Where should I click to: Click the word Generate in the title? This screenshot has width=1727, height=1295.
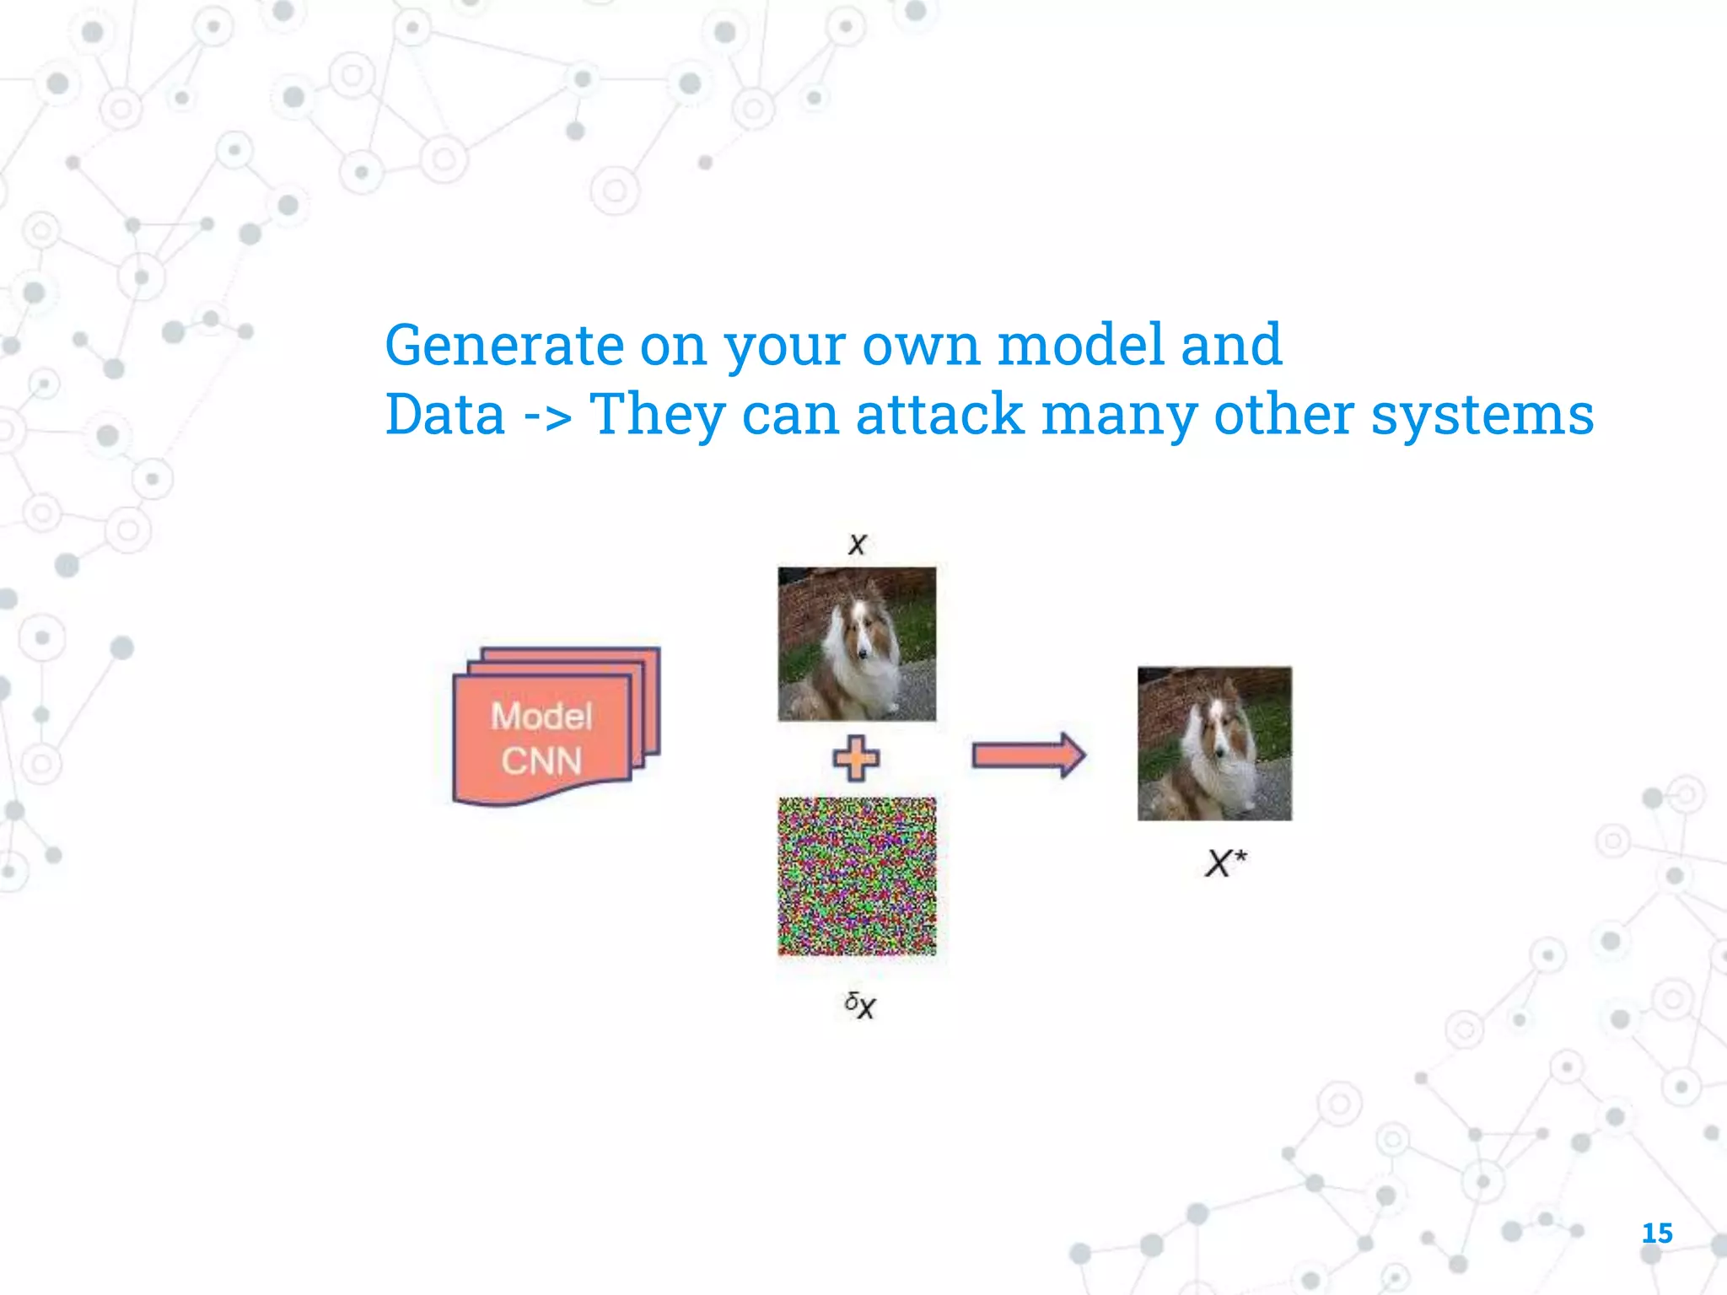pos(503,346)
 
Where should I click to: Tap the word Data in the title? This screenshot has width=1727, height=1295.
pos(444,415)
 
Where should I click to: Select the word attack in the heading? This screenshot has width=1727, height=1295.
pos(939,415)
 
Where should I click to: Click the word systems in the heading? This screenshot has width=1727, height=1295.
pos(1482,415)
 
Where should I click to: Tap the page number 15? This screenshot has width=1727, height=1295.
pos(1656,1233)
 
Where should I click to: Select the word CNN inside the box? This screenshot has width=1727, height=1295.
pos(541,761)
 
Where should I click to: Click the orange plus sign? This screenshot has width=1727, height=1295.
pos(856,758)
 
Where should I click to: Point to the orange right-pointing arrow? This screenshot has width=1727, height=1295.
pos(1028,755)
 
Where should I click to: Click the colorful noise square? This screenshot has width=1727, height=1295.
pos(857,876)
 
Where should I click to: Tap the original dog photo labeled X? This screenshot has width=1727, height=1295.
pos(857,643)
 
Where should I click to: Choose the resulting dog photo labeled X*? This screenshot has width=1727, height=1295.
pos(1214,743)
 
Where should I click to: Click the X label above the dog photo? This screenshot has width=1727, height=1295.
pos(858,544)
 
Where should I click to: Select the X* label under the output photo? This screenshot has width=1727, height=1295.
pos(1224,862)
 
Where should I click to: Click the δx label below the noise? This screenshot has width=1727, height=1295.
pos(860,1004)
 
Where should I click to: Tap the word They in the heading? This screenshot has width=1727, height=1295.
pos(657,415)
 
